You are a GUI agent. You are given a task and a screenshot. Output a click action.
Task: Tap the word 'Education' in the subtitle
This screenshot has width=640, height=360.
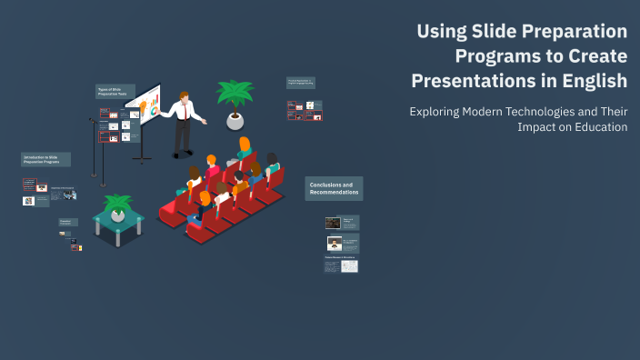(x=595, y=127)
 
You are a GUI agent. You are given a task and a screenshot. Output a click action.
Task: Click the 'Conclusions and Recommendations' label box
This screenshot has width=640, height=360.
(x=334, y=188)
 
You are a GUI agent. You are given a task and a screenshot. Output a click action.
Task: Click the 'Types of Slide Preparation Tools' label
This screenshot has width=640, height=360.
(x=115, y=92)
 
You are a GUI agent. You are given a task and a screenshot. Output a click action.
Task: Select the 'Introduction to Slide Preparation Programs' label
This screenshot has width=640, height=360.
(x=45, y=159)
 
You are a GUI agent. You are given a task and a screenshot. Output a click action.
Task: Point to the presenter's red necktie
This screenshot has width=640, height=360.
(x=187, y=110)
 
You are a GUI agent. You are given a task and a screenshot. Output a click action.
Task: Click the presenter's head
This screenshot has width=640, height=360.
(x=185, y=96)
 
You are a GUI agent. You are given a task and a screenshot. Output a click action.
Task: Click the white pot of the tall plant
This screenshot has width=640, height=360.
(x=235, y=121)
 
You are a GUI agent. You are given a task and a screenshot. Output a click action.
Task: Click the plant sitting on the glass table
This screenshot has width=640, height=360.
(x=117, y=204)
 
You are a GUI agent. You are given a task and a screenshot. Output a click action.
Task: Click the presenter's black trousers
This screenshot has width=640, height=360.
(x=183, y=136)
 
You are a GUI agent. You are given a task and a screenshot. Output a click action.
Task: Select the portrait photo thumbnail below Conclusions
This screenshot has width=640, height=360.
(x=334, y=243)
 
